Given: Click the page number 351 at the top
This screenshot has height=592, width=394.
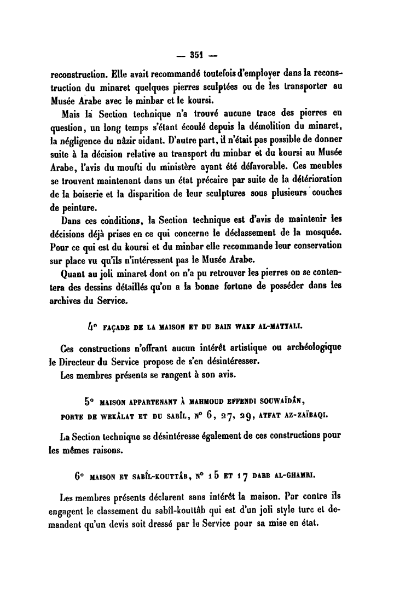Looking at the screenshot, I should (196, 54).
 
